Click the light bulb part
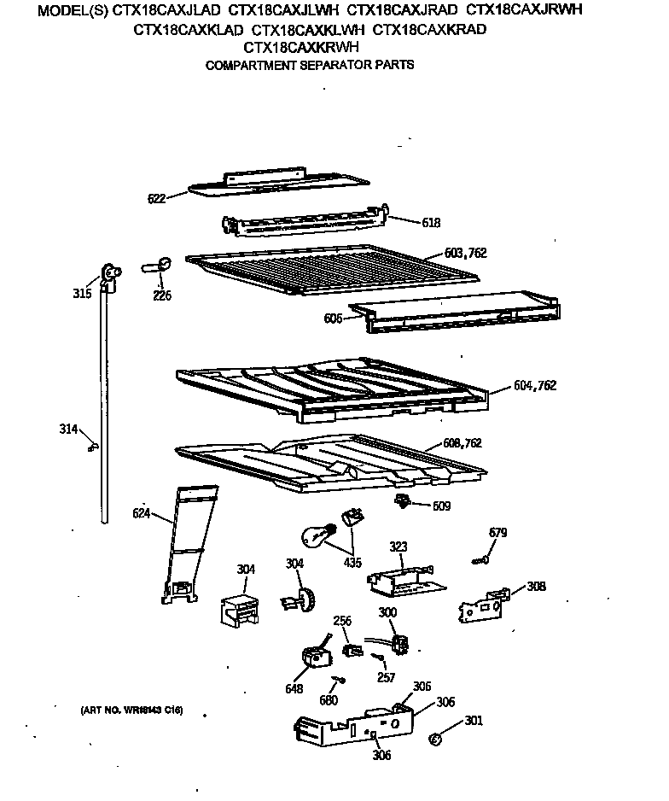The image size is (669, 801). [315, 535]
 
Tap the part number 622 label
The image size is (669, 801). [156, 198]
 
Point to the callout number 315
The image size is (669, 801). [80, 295]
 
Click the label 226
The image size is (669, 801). [161, 295]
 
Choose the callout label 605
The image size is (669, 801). [333, 318]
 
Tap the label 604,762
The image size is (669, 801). [535, 385]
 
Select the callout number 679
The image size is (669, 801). [497, 533]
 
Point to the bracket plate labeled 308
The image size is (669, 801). [481, 605]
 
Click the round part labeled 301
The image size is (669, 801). [435, 738]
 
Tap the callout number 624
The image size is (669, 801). [142, 513]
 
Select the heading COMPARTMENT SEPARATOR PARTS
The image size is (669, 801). [310, 65]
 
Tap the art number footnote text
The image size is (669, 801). [132, 710]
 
